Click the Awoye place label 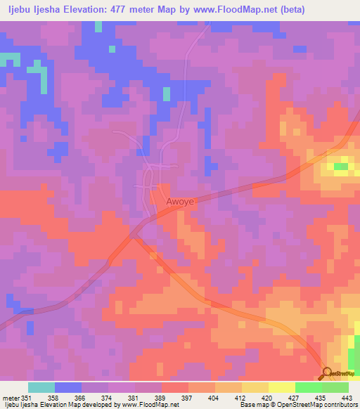180,202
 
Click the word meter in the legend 10,397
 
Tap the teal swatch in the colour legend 41,387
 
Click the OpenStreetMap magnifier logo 326,373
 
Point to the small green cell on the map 341,167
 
